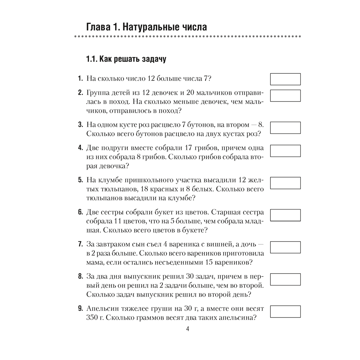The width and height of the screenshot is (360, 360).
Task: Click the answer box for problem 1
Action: click(285, 79)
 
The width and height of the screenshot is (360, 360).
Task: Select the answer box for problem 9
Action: click(285, 312)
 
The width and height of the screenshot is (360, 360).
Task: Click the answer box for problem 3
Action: click(285, 128)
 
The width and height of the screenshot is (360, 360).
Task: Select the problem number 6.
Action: click(80, 212)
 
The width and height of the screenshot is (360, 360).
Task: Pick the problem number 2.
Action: click(80, 93)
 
